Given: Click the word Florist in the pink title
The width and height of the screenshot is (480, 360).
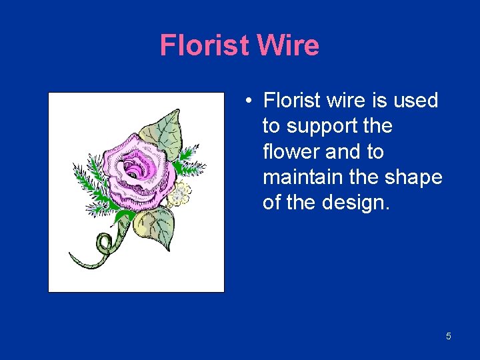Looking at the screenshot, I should pos(205,46).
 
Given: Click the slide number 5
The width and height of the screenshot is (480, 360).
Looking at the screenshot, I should pos(448,336).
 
